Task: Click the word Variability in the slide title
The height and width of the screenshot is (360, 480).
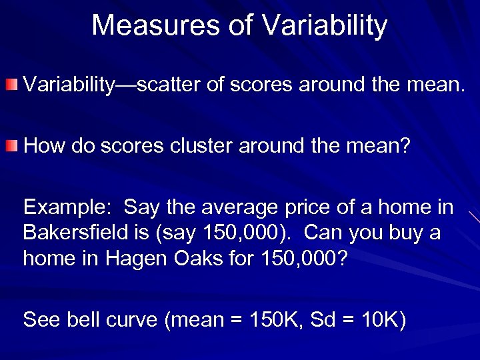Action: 325,25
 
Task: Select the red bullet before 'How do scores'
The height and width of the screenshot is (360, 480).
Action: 13,146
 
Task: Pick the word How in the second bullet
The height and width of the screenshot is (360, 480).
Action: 44,145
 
